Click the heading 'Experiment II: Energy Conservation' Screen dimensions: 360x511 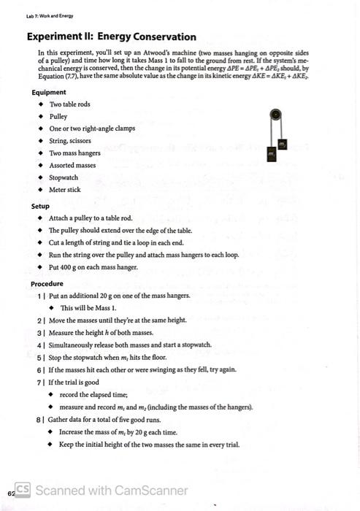click(x=111, y=36)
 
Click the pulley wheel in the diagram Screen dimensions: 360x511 click(x=275, y=114)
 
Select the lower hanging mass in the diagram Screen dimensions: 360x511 click(x=271, y=155)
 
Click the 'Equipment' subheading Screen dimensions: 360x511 click(x=49, y=93)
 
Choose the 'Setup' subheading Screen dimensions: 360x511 click(x=40, y=207)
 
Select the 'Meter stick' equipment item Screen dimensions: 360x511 click(x=64, y=190)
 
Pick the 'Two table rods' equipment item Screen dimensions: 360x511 click(x=69, y=104)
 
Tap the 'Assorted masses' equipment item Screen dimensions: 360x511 click(x=72, y=165)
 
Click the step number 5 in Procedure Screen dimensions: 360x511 click(x=39, y=358)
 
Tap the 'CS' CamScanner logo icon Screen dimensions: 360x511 click(x=23, y=490)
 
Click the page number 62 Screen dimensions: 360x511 click(x=10, y=492)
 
